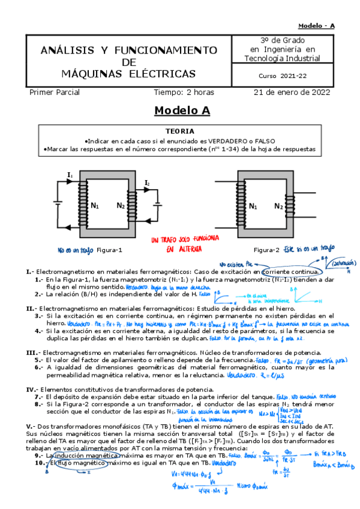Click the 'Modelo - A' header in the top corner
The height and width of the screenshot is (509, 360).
[317, 25]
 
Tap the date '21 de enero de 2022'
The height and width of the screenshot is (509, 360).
[292, 92]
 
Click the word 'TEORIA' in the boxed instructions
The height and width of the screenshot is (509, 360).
[179, 131]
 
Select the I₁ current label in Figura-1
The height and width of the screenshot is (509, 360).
[70, 175]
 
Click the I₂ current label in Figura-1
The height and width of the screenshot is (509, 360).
[147, 182]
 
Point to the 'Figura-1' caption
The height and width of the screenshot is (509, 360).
[109, 250]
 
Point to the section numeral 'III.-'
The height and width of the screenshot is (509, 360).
[33, 352]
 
